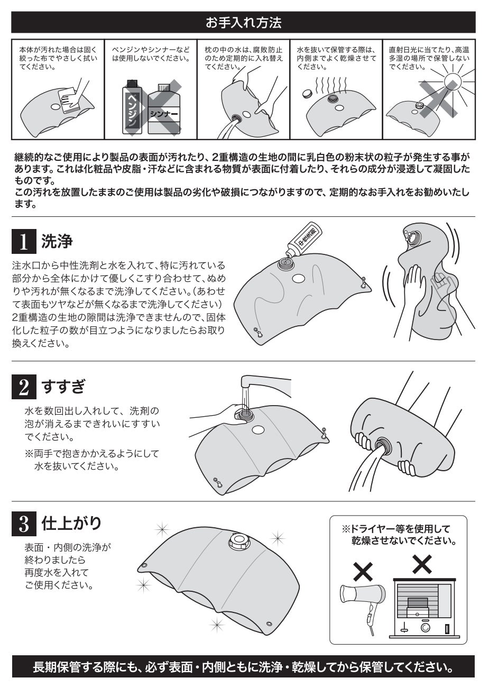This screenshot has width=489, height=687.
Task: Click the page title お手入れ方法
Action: (243, 23)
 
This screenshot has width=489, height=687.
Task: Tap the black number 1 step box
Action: (24, 241)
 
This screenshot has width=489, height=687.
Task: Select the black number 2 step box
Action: (24, 387)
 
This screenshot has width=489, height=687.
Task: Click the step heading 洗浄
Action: (57, 241)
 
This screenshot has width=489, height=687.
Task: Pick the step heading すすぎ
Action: (63, 387)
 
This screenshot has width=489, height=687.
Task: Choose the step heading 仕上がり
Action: (71, 523)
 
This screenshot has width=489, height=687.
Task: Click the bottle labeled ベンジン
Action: (132, 107)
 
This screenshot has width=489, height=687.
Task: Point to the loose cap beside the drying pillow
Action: (307, 94)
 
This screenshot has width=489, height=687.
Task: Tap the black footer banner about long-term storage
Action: (243, 666)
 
